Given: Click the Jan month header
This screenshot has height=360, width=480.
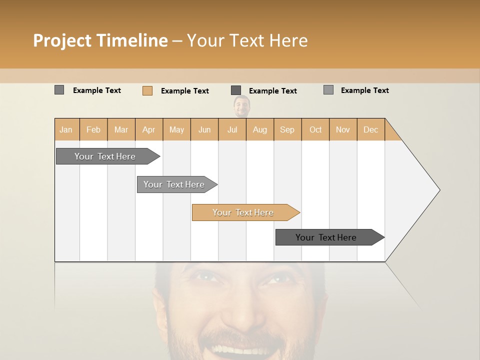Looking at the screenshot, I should pyautogui.click(x=66, y=129).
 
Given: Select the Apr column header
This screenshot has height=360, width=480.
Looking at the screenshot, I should pyautogui.click(x=148, y=129).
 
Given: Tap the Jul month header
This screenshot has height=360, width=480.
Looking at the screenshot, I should pyautogui.click(x=232, y=129).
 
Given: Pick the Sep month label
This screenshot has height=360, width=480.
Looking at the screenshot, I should pyautogui.click(x=287, y=129).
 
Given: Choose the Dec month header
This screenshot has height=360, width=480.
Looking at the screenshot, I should pyautogui.click(x=370, y=129).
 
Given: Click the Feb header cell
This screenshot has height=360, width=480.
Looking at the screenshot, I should pyautogui.click(x=93, y=129).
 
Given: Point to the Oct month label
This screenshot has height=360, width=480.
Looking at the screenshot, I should pyautogui.click(x=315, y=129).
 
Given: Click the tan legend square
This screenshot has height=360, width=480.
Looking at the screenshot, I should pyautogui.click(x=147, y=90).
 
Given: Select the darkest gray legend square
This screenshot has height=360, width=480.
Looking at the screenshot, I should pyautogui.click(x=236, y=90).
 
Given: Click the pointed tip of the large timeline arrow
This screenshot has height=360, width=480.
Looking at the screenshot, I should pyautogui.click(x=438, y=190).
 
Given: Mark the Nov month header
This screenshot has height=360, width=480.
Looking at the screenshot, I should pyautogui.click(x=342, y=129).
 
